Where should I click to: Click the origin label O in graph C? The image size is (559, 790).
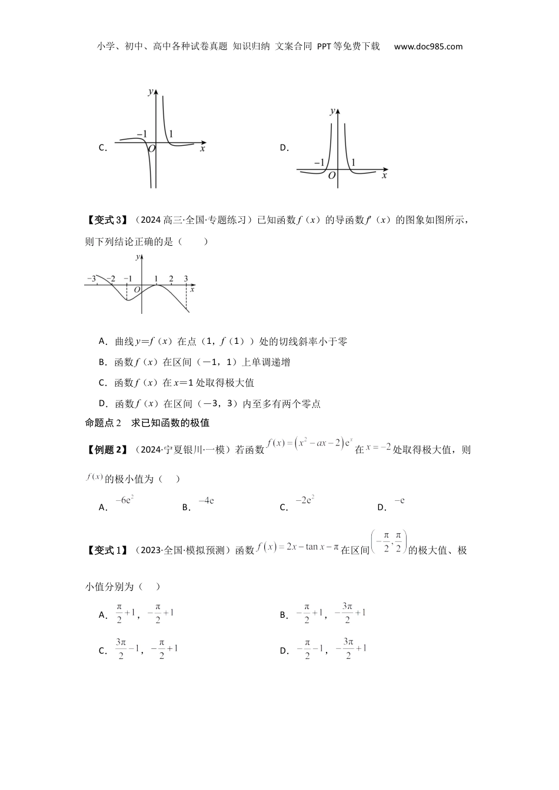tap(151, 149)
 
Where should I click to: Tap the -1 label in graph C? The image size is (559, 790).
tap(141, 134)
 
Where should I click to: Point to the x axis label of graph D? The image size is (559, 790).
tap(384, 176)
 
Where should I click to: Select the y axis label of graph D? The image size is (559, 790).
tap(332, 111)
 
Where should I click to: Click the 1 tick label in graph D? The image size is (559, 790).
tap(353, 162)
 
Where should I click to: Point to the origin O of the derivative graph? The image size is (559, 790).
tap(137, 290)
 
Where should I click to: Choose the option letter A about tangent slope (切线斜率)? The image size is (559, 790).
tap(102, 342)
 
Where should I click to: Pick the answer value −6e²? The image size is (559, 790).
tap(125, 500)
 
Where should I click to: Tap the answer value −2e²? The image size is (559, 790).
tap(304, 500)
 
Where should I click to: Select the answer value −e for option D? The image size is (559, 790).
tap(399, 501)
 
